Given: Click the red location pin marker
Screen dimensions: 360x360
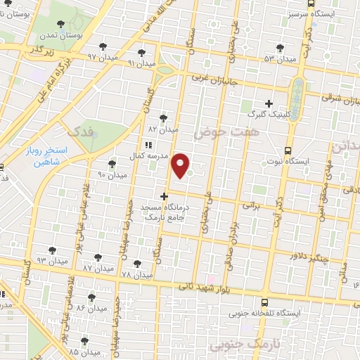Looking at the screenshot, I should (181, 164).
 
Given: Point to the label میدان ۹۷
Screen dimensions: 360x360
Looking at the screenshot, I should (101, 56).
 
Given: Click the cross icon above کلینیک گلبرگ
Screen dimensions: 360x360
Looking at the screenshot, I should (269, 103).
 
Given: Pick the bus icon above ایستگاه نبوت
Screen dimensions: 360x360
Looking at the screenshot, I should (287, 150).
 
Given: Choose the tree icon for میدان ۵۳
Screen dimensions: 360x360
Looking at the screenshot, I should (281, 48).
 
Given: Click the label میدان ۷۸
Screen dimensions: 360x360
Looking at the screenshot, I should (136, 274).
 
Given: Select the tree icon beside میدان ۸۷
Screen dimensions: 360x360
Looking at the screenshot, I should (97, 258).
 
